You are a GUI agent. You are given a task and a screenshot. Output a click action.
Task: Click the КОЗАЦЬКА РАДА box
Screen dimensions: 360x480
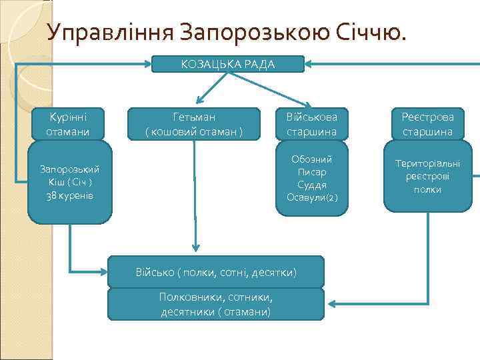[228, 64]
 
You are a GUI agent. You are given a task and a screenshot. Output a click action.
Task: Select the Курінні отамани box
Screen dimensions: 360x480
[70, 124]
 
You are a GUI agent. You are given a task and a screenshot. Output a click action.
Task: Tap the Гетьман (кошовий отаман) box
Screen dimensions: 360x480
[194, 124]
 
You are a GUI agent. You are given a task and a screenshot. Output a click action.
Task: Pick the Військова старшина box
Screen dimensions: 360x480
[312, 124]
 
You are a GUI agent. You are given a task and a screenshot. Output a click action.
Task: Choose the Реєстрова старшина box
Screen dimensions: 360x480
[427, 124]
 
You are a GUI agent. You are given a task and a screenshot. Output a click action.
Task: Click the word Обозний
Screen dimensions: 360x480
[312, 159]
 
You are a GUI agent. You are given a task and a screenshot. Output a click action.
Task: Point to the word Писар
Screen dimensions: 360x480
[312, 172]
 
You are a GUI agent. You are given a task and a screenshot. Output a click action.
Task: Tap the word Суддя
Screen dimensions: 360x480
[312, 185]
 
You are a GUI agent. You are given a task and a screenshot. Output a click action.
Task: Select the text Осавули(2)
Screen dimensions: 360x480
[312, 197]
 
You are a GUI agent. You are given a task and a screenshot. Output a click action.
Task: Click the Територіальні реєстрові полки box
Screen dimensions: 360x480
[427, 176]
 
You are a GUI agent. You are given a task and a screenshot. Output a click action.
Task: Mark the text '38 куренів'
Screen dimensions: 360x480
[70, 195]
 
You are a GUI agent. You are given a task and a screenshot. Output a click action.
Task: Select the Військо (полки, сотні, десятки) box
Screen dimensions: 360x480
[216, 273]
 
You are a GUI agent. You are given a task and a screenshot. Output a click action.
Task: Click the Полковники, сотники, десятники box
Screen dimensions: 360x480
[216, 305]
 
